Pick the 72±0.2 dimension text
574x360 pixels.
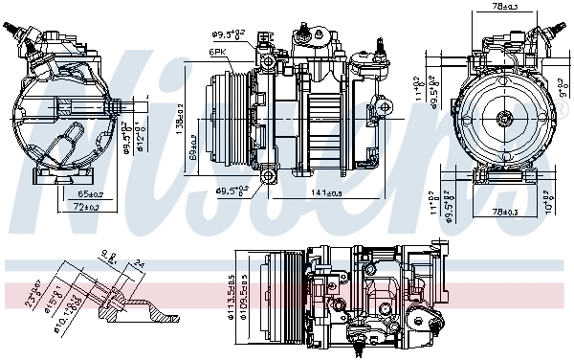[88, 206]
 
